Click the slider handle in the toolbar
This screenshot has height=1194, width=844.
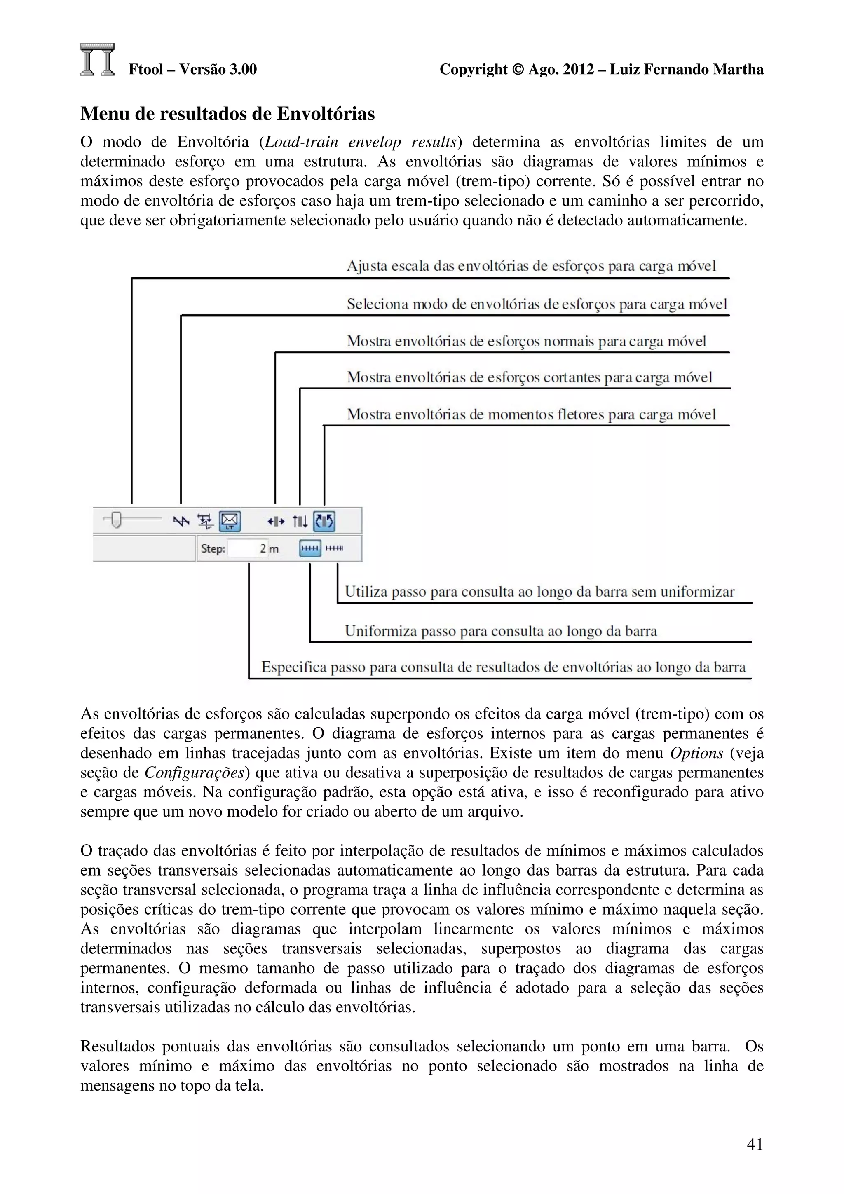pos(117,520)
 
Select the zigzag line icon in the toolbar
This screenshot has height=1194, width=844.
pos(181,520)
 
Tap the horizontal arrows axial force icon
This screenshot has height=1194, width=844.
pos(276,520)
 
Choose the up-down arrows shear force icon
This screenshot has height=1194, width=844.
pos(300,520)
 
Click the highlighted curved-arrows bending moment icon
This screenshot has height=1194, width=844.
pos(324,520)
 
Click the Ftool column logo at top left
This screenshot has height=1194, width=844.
pos(97,60)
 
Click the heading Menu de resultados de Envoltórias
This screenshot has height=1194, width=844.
pos(227,114)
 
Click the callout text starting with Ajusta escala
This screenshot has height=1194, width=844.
pos(531,266)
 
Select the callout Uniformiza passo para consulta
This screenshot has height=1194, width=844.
pos(501,631)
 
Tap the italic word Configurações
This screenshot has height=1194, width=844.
pos(195,773)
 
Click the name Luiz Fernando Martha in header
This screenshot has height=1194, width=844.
pos(687,69)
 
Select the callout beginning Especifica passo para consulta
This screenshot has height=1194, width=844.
pos(503,667)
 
